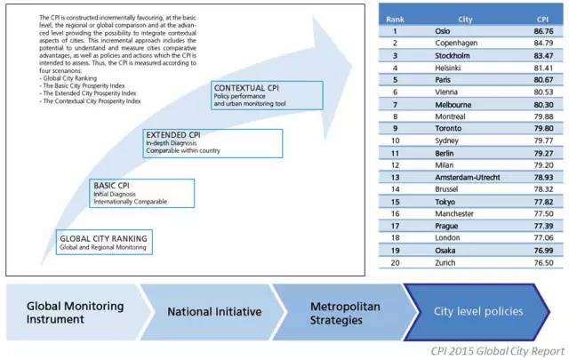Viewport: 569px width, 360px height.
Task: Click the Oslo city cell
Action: (x=443, y=31)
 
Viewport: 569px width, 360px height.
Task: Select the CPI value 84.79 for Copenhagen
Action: (x=543, y=44)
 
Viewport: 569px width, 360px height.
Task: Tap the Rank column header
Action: (x=395, y=20)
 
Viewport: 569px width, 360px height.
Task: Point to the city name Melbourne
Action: (x=453, y=105)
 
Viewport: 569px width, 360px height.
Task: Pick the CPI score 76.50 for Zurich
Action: (x=543, y=263)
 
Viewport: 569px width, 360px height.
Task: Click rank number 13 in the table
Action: (x=395, y=178)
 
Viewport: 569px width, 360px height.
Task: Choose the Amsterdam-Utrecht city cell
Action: (x=468, y=178)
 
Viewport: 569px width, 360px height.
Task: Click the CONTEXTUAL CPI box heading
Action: (x=246, y=88)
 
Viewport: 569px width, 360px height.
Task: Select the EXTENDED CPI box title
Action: (x=173, y=135)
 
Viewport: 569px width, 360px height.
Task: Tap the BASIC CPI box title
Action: (x=111, y=186)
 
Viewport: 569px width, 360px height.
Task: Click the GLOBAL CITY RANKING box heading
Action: (x=103, y=238)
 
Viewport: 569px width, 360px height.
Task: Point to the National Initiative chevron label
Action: (x=214, y=312)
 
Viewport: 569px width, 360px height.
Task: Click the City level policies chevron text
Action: (x=478, y=311)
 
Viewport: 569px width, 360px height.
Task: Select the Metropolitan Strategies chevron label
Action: (x=345, y=313)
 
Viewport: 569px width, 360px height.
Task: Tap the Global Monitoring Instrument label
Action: (x=75, y=313)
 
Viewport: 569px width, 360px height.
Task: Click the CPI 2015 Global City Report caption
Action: (x=498, y=351)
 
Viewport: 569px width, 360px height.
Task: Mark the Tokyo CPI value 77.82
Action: (x=543, y=202)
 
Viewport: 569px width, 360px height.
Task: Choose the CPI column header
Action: (x=542, y=20)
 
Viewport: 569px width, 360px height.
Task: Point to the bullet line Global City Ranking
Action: (x=68, y=78)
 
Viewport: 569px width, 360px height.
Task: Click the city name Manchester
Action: (x=454, y=213)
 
